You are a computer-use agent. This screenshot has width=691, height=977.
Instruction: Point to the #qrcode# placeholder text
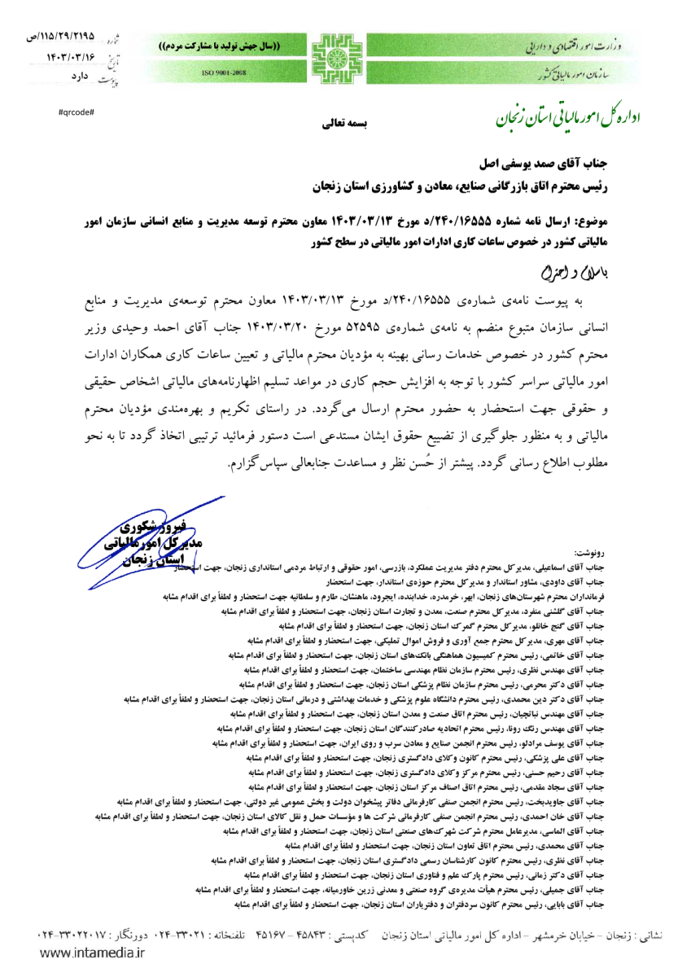[77, 110]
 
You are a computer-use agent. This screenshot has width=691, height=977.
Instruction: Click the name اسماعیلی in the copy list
[591, 565]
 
